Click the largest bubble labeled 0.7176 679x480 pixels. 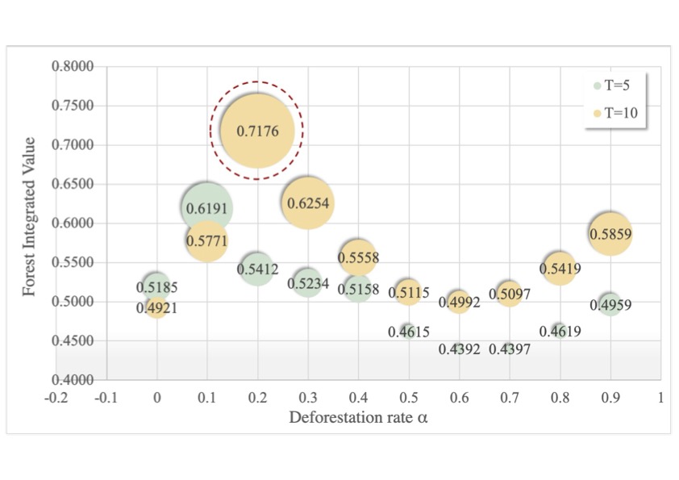(x=256, y=130)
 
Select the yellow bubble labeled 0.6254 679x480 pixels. (x=307, y=202)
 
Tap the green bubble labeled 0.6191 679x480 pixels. (x=207, y=208)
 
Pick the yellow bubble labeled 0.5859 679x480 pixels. (x=610, y=234)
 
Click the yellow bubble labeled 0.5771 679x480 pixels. (x=207, y=240)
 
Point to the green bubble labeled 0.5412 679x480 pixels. (x=257, y=268)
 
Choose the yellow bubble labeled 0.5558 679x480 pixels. (x=358, y=257)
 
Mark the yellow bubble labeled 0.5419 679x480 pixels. (x=559, y=268)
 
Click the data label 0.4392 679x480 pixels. (x=459, y=349)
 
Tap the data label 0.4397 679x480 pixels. (x=510, y=349)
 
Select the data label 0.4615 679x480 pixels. (x=409, y=332)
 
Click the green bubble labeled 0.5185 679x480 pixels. (x=156, y=285)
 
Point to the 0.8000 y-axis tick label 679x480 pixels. (x=73, y=66)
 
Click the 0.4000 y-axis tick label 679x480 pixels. (x=73, y=379)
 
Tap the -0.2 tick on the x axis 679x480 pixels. (x=56, y=397)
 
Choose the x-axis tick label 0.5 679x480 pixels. (x=408, y=397)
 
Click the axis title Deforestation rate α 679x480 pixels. (x=358, y=417)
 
